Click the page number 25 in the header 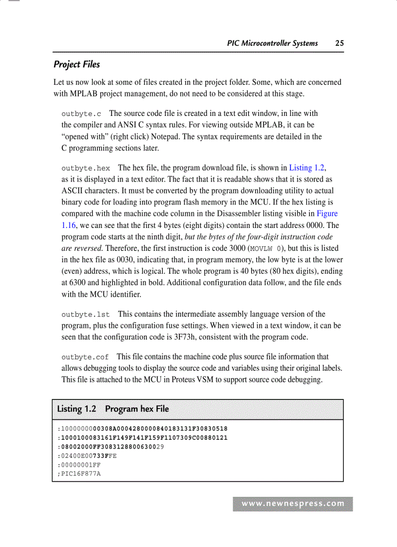tap(339, 43)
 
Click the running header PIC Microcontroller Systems tap(272, 43)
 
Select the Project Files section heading tap(76, 64)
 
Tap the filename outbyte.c tap(81, 113)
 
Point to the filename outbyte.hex tap(86, 168)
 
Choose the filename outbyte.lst tap(86, 314)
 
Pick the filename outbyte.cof tap(85, 357)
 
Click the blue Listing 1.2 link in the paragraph tap(307, 168)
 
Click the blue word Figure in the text tap(327, 213)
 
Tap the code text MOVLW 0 tap(266, 248)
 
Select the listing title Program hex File tap(137, 409)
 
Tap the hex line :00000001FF tap(79, 465)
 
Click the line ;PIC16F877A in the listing tap(79, 473)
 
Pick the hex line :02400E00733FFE tap(87, 456)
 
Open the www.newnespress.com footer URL tap(293, 504)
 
